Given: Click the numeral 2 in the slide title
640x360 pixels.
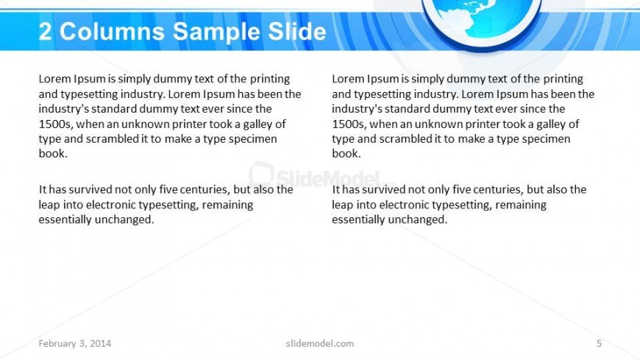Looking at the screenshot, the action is pyautogui.click(x=46, y=32).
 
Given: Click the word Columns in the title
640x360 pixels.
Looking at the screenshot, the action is pyautogui.click(x=112, y=32).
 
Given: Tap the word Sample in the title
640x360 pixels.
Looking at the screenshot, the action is pyautogui.click(x=216, y=32).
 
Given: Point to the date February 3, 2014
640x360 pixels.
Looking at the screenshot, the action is pyautogui.click(x=75, y=343).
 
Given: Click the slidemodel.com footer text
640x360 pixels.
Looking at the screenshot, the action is pyautogui.click(x=320, y=343).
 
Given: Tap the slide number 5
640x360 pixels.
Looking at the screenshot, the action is pyautogui.click(x=599, y=343).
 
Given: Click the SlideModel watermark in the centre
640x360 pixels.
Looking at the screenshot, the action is pyautogui.click(x=316, y=176).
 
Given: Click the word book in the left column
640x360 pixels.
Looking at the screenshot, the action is pyautogui.click(x=51, y=154).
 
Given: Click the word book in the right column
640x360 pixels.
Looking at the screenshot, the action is pyautogui.click(x=344, y=154).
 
